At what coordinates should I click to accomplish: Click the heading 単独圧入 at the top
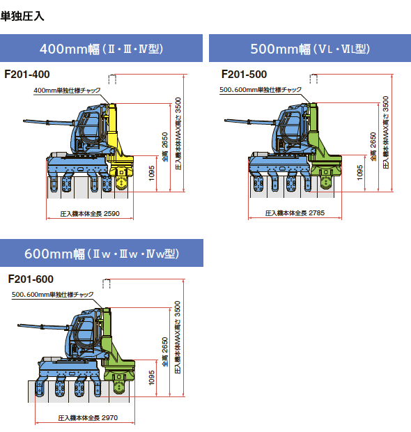point(22,16)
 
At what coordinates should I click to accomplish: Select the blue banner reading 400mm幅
point(101,48)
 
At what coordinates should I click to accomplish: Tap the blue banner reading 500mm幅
point(310,48)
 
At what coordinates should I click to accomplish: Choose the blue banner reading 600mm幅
point(102,253)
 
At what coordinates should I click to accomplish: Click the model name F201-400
point(27,75)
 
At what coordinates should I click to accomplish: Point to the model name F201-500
point(244,75)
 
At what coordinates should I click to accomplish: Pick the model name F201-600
point(31,279)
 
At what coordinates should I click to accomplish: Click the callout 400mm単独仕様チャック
point(67,91)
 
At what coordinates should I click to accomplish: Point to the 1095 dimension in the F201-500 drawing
point(359,173)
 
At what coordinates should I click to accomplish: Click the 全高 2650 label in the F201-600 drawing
point(164,352)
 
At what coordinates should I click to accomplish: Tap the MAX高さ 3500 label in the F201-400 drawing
point(178,133)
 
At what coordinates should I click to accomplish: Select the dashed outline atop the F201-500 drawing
point(313,79)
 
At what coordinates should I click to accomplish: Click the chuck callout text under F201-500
point(261,90)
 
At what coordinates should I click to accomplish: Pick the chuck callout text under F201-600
point(53,295)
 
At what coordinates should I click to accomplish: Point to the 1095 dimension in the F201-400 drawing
point(151,173)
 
